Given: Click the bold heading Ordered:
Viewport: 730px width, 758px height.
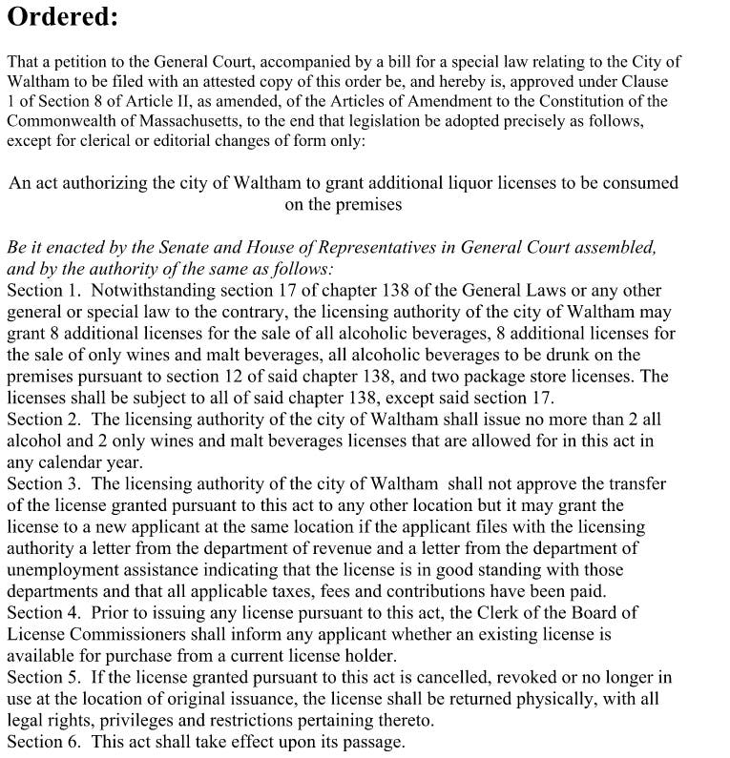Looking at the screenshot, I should click(x=63, y=18).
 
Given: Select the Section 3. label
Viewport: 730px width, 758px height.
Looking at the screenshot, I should click(x=42, y=483).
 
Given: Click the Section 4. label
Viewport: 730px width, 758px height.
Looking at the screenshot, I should click(x=42, y=612).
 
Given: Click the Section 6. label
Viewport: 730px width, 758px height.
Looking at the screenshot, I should click(x=42, y=741).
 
